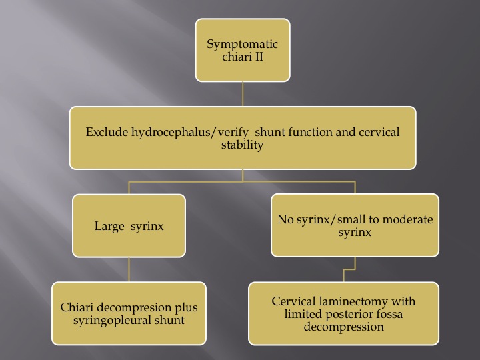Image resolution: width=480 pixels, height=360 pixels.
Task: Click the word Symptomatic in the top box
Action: [x=242, y=45]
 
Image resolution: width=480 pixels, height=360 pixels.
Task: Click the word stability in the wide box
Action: [x=243, y=145]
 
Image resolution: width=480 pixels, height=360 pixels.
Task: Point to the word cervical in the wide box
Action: [x=379, y=132]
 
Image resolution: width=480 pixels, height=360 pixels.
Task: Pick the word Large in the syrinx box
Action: [x=109, y=226]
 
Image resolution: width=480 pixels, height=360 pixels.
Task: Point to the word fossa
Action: [x=390, y=314]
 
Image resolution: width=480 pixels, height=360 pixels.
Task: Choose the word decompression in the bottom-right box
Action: [x=344, y=327]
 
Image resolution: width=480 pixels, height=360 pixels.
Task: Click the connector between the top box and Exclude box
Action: [x=243, y=94]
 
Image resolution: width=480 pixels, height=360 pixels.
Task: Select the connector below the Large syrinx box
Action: [x=129, y=270]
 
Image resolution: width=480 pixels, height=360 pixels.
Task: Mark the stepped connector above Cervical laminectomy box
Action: [x=349, y=270]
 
